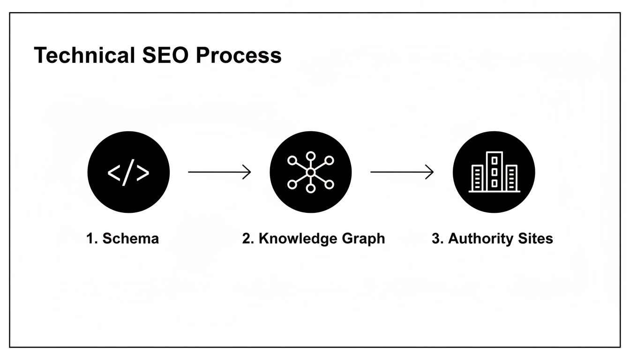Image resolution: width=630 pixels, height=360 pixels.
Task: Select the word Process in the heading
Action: tap(239, 55)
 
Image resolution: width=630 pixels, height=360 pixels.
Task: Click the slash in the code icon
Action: tap(128, 172)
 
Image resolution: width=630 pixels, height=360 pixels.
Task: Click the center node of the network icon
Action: tap(310, 172)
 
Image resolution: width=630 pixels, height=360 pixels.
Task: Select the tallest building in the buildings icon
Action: tap(494, 171)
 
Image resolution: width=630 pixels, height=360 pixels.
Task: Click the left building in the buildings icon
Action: tap(477, 178)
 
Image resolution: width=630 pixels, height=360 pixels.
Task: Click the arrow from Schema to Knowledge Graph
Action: tap(219, 172)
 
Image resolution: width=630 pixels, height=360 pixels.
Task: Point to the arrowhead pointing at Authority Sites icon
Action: tap(429, 172)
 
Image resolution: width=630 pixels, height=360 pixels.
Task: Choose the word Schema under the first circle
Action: tap(130, 239)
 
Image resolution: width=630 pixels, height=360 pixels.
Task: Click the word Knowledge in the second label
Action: tap(291, 239)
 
